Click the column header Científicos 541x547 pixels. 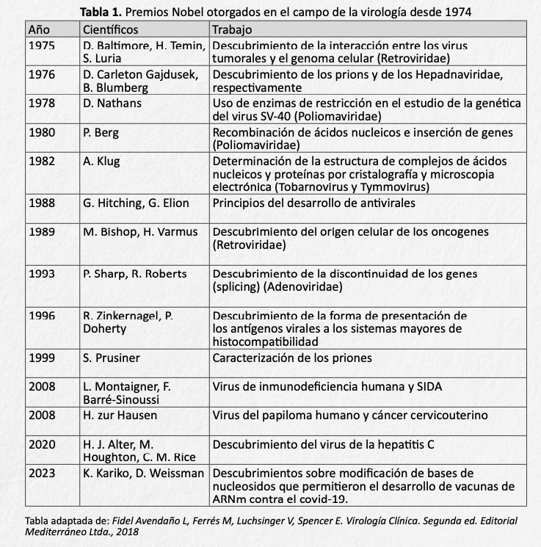tap(110, 30)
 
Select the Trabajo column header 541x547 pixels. tap(231, 30)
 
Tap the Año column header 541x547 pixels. tap(39, 30)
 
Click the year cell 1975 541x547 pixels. tap(41, 46)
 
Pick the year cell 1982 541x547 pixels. tap(41, 161)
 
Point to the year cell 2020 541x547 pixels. tap(41, 444)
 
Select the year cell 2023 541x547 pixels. tap(41, 474)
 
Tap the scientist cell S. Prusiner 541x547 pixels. tap(112, 358)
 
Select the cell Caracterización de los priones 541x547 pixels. tap(291, 358)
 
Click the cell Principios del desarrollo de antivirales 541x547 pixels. tap(313, 203)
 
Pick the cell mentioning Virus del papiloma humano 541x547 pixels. tap(349, 416)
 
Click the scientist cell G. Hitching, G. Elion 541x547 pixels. tap(136, 203)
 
